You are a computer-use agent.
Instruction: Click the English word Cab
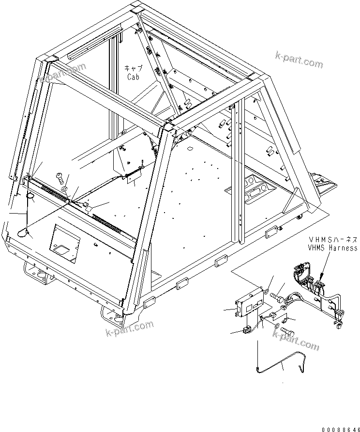(133, 77)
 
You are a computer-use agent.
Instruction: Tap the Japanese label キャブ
(133, 69)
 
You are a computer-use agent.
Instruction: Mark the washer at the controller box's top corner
(267, 291)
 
